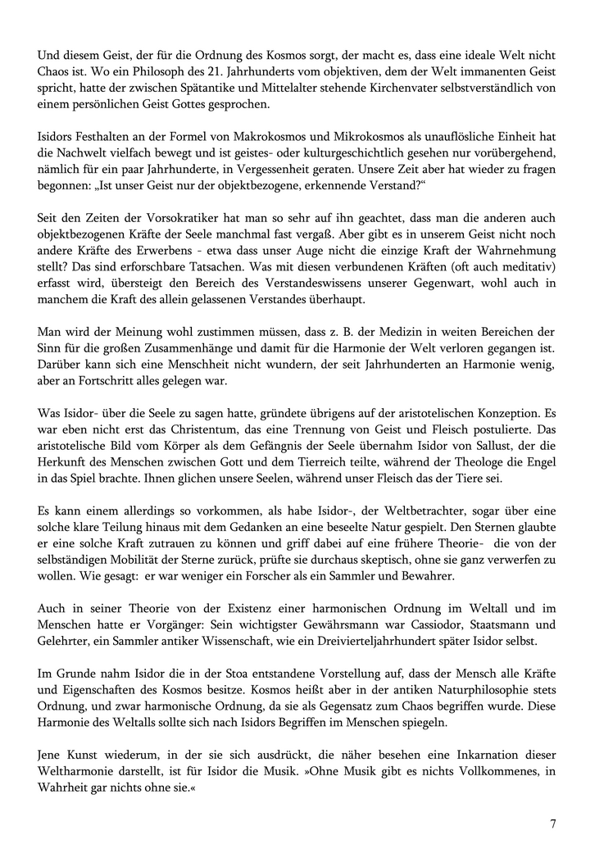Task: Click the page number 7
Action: (553, 824)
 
